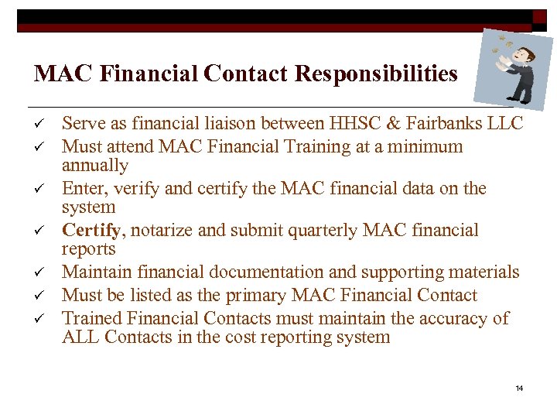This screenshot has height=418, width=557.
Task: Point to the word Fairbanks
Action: pos(449,124)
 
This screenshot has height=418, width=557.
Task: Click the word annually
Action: pos(94,166)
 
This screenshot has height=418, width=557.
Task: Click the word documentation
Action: pos(267,272)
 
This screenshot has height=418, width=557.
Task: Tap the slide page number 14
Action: pos(519,387)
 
